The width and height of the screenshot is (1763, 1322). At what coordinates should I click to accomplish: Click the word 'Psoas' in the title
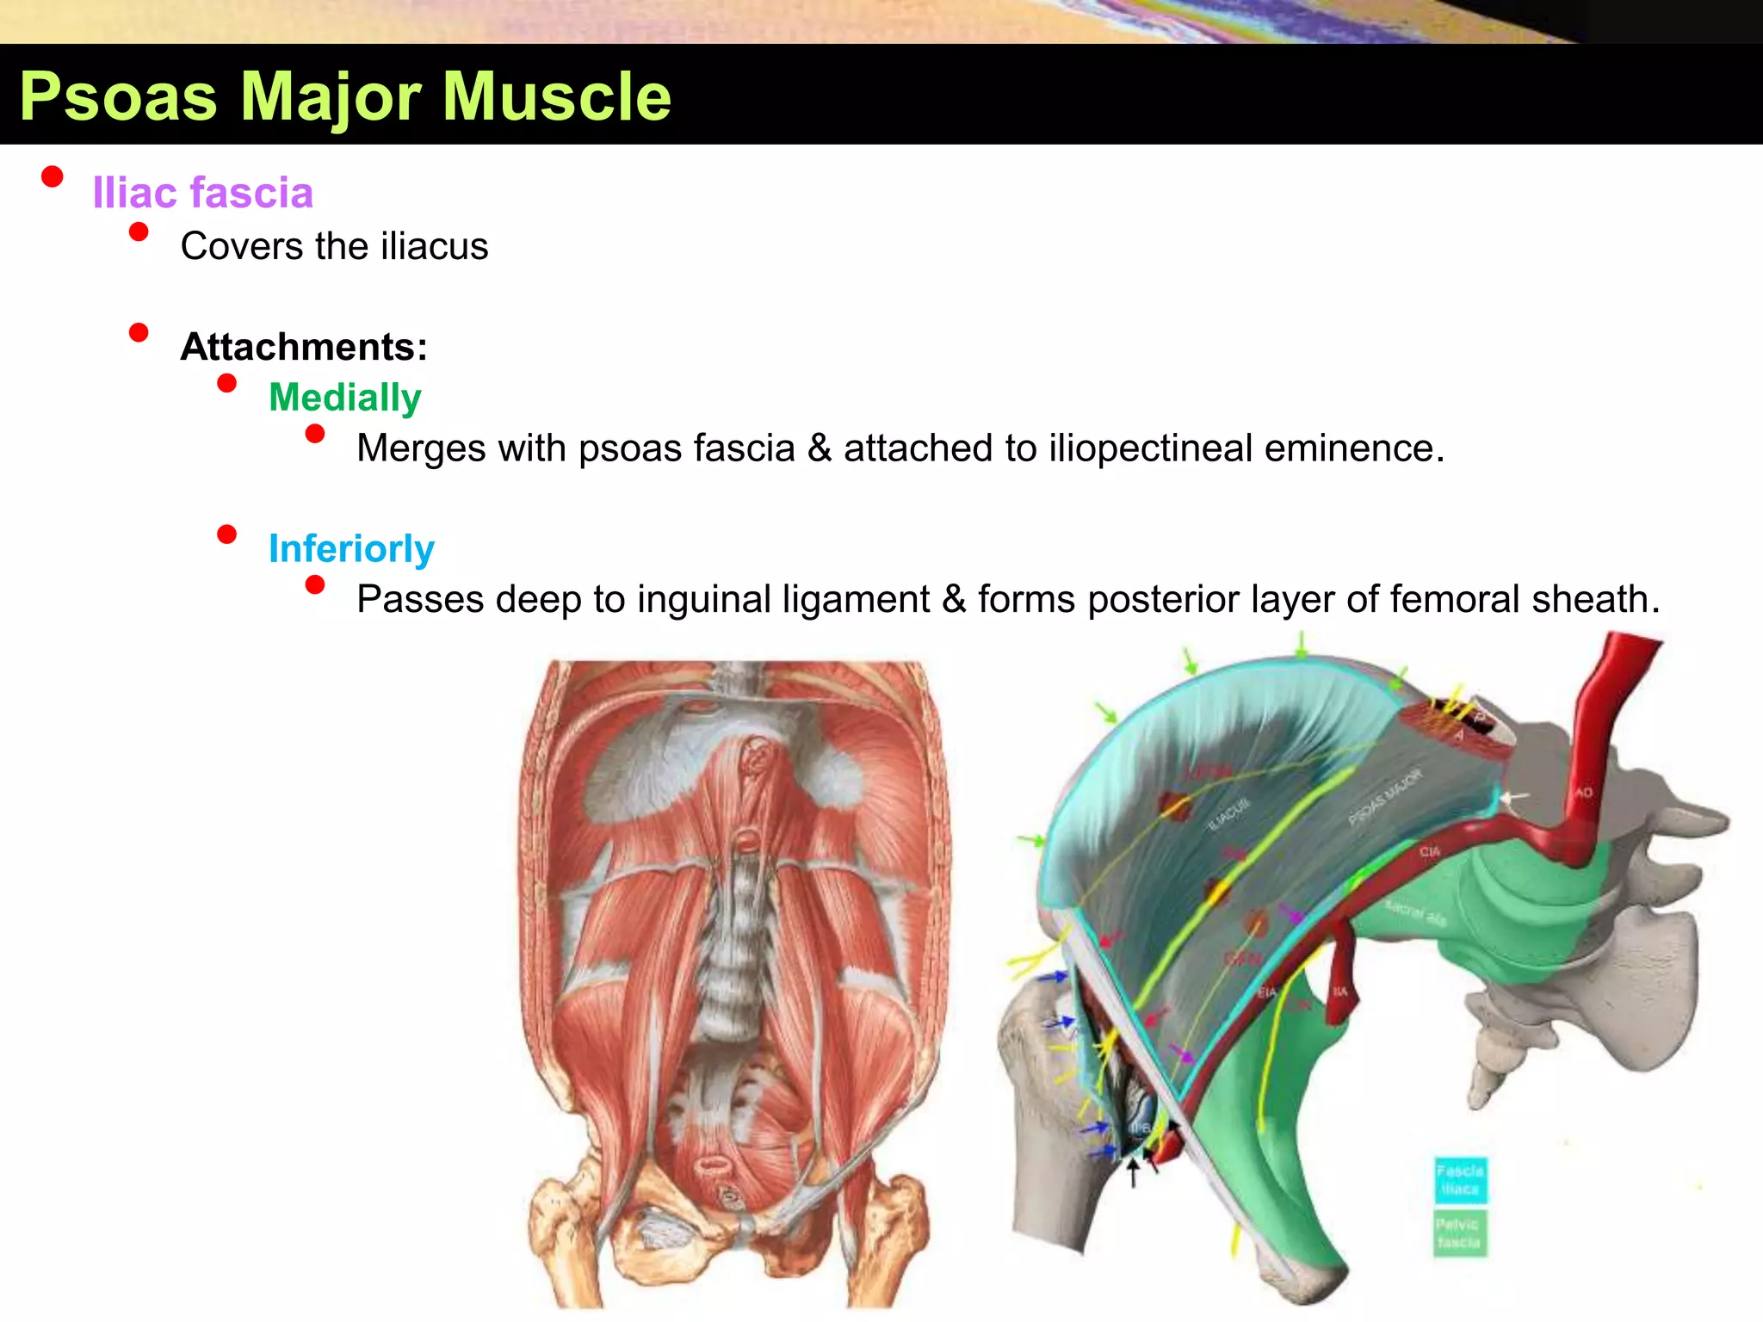point(118,97)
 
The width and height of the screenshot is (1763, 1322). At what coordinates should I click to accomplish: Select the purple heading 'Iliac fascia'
point(202,193)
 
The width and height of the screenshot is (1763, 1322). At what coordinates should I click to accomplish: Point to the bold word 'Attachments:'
point(304,347)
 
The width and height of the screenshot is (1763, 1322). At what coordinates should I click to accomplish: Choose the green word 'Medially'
point(344,398)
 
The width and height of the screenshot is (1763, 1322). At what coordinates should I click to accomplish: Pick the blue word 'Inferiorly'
point(351,549)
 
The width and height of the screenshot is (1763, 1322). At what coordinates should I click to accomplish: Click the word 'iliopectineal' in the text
point(1149,448)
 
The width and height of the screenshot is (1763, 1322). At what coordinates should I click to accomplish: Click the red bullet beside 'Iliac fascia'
point(53,176)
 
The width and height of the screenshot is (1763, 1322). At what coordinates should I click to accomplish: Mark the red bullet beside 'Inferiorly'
point(227,534)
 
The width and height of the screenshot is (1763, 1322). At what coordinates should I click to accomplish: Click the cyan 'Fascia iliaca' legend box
point(1460,1180)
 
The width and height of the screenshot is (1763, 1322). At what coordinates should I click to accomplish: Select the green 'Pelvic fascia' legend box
point(1460,1233)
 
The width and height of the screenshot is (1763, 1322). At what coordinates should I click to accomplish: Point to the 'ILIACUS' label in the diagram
point(1228,813)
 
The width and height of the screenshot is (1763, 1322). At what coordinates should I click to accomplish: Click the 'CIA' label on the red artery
point(1430,851)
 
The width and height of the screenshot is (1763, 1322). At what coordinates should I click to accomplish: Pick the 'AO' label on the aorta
point(1584,793)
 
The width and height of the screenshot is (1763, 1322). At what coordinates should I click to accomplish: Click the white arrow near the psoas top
point(1512,798)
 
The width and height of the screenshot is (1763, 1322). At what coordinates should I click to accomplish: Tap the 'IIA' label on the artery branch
point(1340,991)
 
